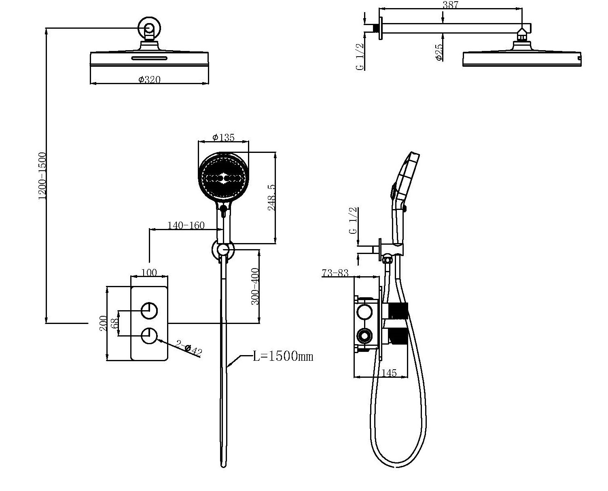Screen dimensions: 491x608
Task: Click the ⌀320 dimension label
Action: tap(149, 80)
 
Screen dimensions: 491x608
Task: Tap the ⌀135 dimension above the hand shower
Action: tap(223, 138)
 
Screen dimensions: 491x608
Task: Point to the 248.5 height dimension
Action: tap(272, 197)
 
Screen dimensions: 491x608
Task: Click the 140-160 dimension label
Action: tap(186, 225)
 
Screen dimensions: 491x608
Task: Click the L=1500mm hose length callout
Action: tap(283, 356)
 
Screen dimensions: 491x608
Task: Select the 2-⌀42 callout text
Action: tap(189, 348)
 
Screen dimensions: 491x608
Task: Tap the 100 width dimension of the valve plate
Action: tap(149, 272)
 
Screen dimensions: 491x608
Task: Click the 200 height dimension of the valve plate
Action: tap(103, 324)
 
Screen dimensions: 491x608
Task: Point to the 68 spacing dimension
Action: tap(114, 324)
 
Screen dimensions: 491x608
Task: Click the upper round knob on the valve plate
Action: tap(149, 311)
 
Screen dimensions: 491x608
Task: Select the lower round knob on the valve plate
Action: tap(149, 336)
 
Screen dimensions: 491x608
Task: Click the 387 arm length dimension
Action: tap(450, 5)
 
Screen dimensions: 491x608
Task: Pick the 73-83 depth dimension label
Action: tap(335, 273)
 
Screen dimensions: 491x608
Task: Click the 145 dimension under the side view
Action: tap(389, 373)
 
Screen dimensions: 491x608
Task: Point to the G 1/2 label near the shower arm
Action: tap(360, 57)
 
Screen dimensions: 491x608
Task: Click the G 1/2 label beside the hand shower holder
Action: tap(353, 220)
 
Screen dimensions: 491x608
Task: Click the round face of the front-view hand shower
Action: tap(223, 177)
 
